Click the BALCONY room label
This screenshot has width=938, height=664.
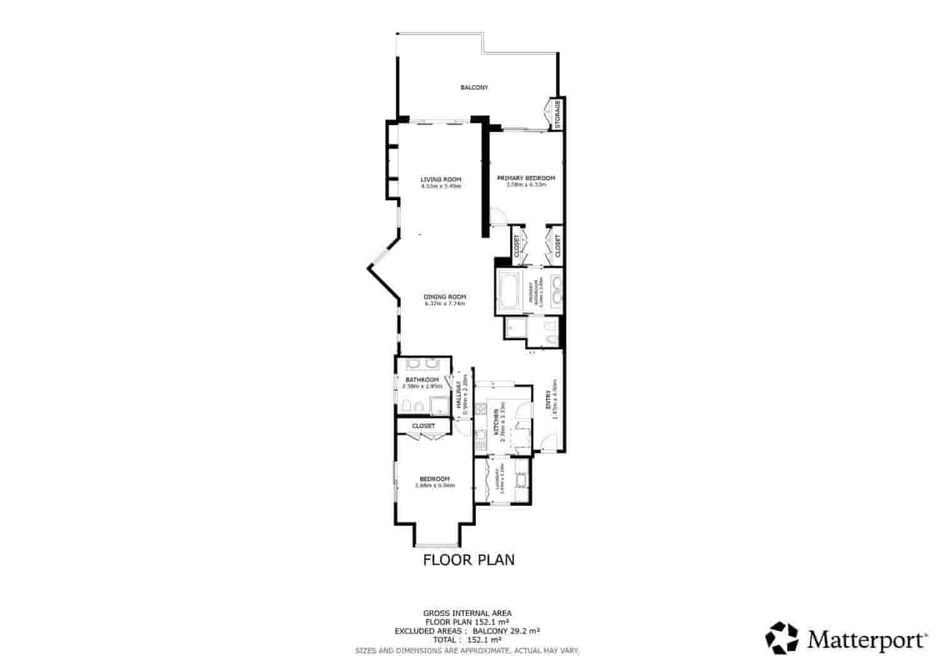coord(474,88)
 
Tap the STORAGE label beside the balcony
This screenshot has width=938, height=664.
coord(558,112)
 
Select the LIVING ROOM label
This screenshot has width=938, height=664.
coord(440,180)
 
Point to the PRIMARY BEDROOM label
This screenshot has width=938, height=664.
coord(526,178)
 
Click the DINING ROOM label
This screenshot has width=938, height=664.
coord(445,297)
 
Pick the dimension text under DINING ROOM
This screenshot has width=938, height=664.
coord(445,304)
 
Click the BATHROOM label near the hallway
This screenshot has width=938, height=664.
coord(422,380)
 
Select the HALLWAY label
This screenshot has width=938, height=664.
coord(459,395)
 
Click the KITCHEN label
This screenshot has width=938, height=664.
coord(496,422)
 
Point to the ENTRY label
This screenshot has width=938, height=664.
coord(548,400)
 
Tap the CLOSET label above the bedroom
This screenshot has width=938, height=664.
coord(423,426)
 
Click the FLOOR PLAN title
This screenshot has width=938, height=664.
coord(469,559)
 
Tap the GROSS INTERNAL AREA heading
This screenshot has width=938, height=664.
coord(468,613)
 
